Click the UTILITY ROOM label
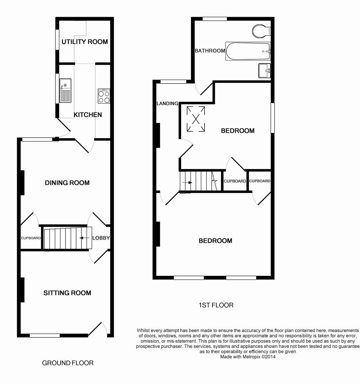[85, 42]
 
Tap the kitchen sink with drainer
[65, 91]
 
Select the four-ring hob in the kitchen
[104, 96]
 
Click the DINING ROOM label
[67, 183]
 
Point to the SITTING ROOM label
[67, 293]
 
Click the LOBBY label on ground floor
[101, 238]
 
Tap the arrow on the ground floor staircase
[84, 238]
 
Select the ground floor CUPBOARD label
[31, 238]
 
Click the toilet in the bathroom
[261, 31]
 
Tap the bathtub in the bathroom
[248, 51]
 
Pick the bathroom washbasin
[265, 70]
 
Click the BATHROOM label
[210, 51]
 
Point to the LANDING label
[167, 103]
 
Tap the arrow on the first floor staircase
[187, 183]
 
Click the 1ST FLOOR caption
[216, 305]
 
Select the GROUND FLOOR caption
[68, 363]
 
